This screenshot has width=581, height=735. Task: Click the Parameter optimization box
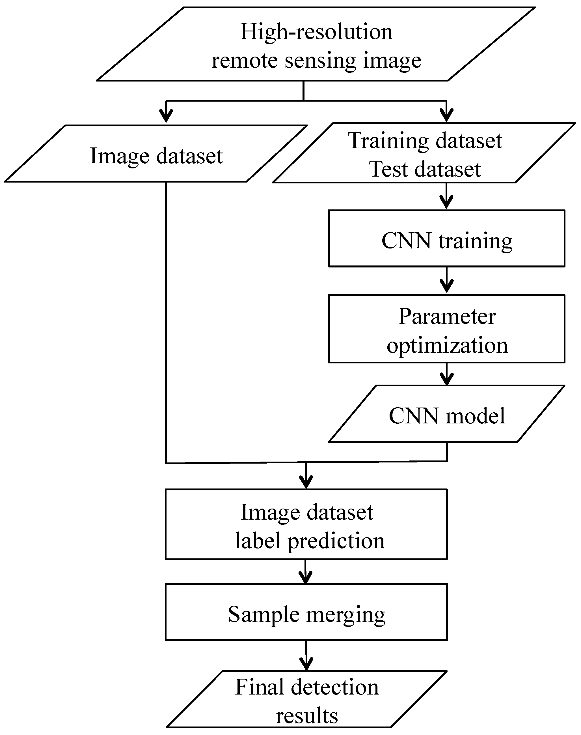coord(446,329)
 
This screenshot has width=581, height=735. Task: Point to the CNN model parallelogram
coord(446,415)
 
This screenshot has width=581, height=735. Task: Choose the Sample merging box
coord(306,614)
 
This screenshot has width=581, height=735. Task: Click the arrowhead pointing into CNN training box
coord(446,203)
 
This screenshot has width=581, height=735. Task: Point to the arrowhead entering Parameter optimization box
coord(446,287)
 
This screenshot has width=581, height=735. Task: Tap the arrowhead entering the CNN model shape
coord(446,380)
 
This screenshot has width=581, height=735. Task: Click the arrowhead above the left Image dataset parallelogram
coord(166,116)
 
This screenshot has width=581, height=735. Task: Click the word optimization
coord(447,345)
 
